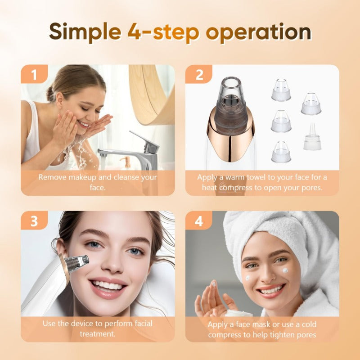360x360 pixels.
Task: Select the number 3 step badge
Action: click(x=34, y=221)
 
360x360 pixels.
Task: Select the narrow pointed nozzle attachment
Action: click(x=314, y=137)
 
